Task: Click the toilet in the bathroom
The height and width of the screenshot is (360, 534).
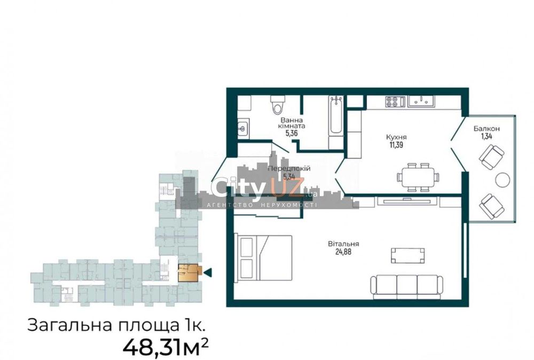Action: tap(277, 106)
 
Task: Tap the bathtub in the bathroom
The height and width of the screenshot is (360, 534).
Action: tap(336, 116)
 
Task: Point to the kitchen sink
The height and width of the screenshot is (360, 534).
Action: tap(423, 100)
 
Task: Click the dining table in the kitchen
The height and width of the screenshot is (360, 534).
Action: tap(418, 177)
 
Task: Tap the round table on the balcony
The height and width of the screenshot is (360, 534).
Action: tap(502, 180)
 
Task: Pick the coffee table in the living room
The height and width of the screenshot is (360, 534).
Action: tap(408, 255)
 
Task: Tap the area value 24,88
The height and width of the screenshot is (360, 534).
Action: tap(343, 253)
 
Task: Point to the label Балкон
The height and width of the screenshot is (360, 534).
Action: tap(486, 129)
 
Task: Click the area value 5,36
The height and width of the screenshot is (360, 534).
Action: tap(292, 135)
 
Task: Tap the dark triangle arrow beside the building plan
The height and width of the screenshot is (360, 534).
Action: tap(208, 272)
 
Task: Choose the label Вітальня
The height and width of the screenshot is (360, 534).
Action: tap(343, 244)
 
